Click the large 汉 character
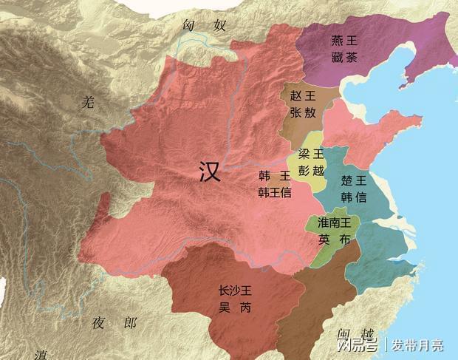click(211, 172)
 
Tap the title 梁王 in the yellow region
click(310, 154)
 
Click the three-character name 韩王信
click(274, 192)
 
